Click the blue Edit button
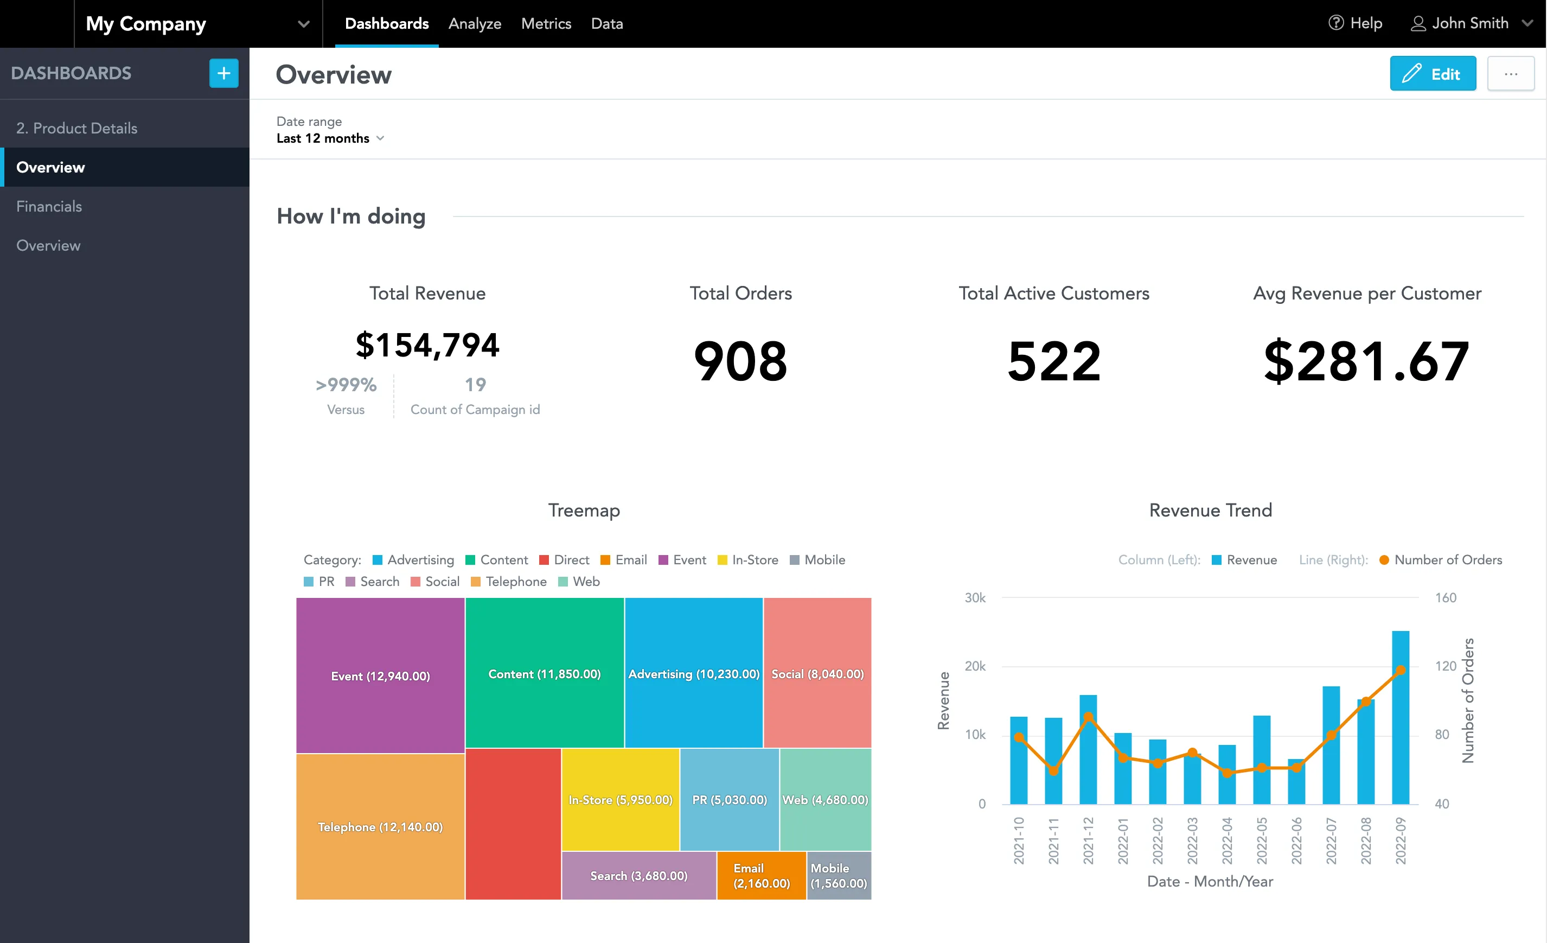pyautogui.click(x=1432, y=74)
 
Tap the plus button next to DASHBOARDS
pyautogui.click(x=223, y=73)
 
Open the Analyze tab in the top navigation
pyautogui.click(x=475, y=24)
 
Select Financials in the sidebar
pyautogui.click(x=49, y=207)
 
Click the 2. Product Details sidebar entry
pyautogui.click(x=76, y=128)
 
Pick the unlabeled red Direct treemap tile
pyautogui.click(x=513, y=824)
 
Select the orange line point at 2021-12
pyautogui.click(x=1088, y=717)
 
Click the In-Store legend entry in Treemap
pyautogui.click(x=748, y=560)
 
